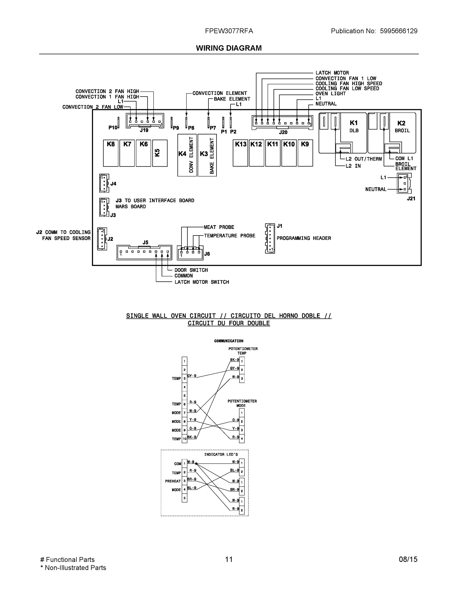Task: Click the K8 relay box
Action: coord(111,153)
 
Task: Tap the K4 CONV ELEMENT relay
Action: coord(187,155)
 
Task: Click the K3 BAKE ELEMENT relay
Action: coord(207,155)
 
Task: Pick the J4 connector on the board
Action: coord(104,183)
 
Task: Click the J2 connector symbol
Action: coord(102,239)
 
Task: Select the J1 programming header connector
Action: coord(270,238)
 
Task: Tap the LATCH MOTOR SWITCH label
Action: coord(202,282)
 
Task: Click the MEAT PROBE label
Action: coord(219,227)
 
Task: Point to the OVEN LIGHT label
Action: coord(331,94)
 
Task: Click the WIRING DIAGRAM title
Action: coord(229,48)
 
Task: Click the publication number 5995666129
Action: coord(398,31)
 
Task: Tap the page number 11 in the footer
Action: coord(229,559)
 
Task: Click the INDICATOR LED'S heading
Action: coord(221,455)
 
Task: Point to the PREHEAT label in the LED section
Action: coord(173,481)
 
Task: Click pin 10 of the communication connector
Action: coord(184,439)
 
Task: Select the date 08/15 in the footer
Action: coord(408,559)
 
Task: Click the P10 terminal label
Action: coord(113,127)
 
